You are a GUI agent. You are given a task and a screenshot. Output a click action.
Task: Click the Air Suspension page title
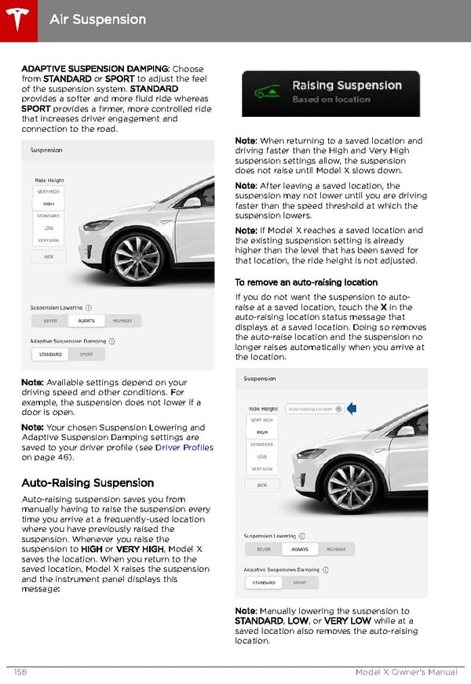pyautogui.click(x=97, y=19)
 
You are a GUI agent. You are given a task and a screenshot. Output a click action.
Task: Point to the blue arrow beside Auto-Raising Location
pyautogui.click(x=352, y=408)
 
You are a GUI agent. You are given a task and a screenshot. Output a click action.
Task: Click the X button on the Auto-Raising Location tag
pyautogui.click(x=338, y=409)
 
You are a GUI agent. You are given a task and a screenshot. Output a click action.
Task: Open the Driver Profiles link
pyautogui.click(x=184, y=447)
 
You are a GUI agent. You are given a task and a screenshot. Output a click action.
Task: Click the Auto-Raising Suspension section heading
pyautogui.click(x=87, y=482)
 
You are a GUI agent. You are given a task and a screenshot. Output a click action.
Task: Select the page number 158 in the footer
pyautogui.click(x=21, y=672)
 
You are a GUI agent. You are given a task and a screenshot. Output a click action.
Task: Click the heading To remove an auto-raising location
pyautogui.click(x=306, y=282)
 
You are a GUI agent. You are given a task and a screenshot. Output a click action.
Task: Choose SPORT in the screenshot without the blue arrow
pyautogui.click(x=86, y=355)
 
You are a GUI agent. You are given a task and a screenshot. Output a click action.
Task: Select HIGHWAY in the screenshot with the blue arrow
pyautogui.click(x=336, y=550)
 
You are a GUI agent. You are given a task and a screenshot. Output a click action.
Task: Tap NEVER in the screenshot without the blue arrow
pyautogui.click(x=50, y=321)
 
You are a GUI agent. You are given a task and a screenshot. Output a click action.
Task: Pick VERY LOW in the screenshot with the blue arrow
pyautogui.click(x=263, y=469)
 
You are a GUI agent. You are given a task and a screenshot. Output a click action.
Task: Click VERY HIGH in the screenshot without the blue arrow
pyautogui.click(x=49, y=191)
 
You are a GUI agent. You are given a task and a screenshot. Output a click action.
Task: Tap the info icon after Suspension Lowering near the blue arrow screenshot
pyautogui.click(x=303, y=537)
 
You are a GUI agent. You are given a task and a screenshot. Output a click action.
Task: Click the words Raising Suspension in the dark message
pyautogui.click(x=346, y=85)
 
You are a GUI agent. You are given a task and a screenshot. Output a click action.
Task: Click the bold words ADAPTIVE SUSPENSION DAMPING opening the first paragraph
pyautogui.click(x=95, y=69)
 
